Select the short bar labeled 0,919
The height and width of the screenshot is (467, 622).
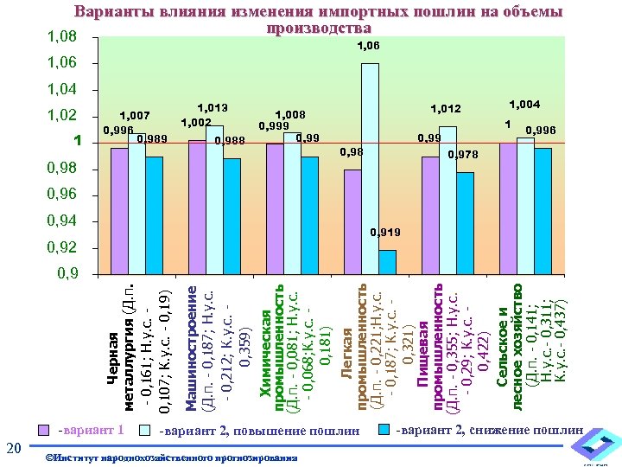[386, 262]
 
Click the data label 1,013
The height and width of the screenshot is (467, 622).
[213, 108]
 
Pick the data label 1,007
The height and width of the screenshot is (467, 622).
[135, 115]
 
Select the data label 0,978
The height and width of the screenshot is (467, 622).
[463, 155]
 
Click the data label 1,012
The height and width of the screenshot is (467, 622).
[447, 109]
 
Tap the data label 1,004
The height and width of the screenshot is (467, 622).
[524, 105]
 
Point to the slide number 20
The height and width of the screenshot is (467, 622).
[13, 447]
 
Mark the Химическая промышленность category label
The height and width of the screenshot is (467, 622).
[294, 342]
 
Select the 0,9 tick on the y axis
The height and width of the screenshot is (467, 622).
[66, 274]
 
